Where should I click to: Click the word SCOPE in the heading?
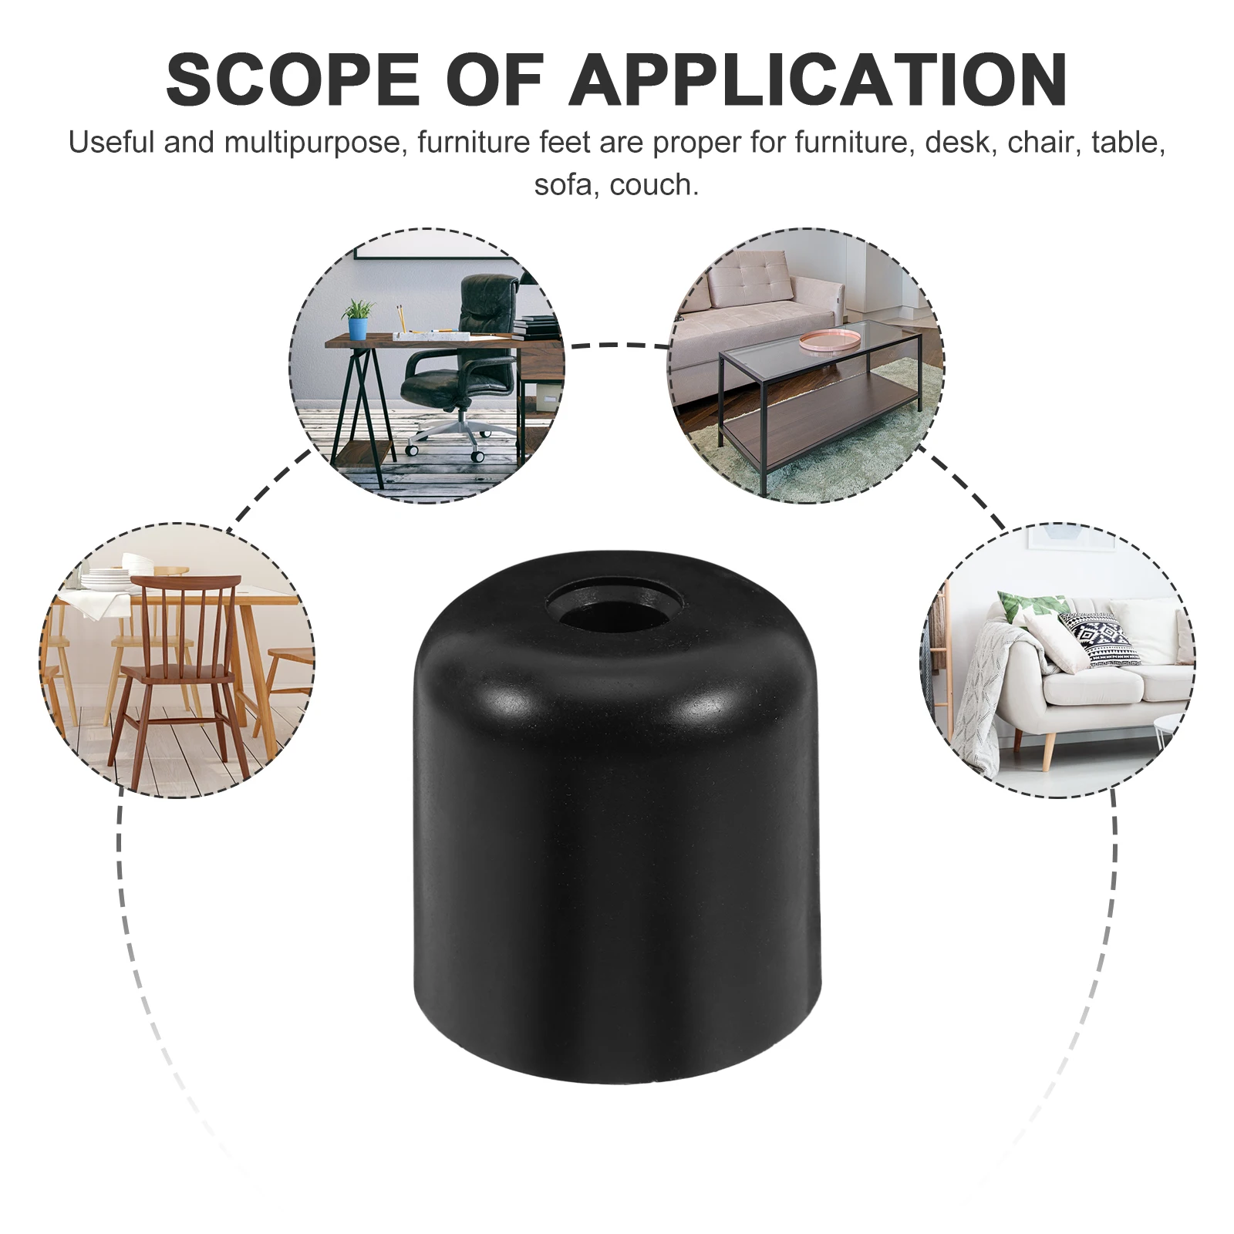(293, 79)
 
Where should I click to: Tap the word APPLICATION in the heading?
(818, 79)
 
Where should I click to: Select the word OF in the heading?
(494, 79)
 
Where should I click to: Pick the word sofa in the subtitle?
(562, 185)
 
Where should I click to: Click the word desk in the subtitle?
(956, 143)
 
